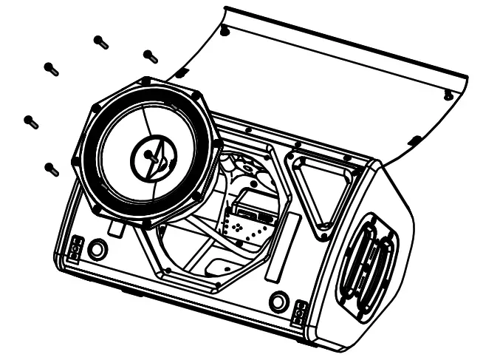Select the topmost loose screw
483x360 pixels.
click(x=102, y=42)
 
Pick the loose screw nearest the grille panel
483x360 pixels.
click(x=150, y=55)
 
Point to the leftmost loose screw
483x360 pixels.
click(x=31, y=121)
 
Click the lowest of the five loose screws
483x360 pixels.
click(x=52, y=169)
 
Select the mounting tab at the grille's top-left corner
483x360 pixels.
click(x=225, y=30)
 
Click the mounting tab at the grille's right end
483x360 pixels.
click(x=448, y=95)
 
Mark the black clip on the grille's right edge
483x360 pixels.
click(x=414, y=140)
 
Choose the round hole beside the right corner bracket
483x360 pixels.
click(x=278, y=302)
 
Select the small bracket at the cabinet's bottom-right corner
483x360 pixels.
click(x=299, y=312)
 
